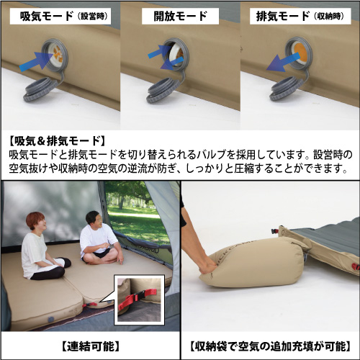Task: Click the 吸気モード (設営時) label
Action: point(63,17)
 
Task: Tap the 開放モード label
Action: point(180,17)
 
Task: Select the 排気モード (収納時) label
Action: point(300,17)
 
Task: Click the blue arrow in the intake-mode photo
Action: point(36,61)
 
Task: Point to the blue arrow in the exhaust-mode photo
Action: point(282,63)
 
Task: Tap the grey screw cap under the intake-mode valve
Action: point(40,90)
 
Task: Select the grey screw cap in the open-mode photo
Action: point(163,91)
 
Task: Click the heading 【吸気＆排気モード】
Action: point(57,141)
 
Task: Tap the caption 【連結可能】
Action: point(91,346)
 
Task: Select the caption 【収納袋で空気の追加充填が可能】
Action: point(271,346)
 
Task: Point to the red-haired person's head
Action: point(36,222)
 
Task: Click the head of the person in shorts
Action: point(95,220)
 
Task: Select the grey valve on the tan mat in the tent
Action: point(50,320)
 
